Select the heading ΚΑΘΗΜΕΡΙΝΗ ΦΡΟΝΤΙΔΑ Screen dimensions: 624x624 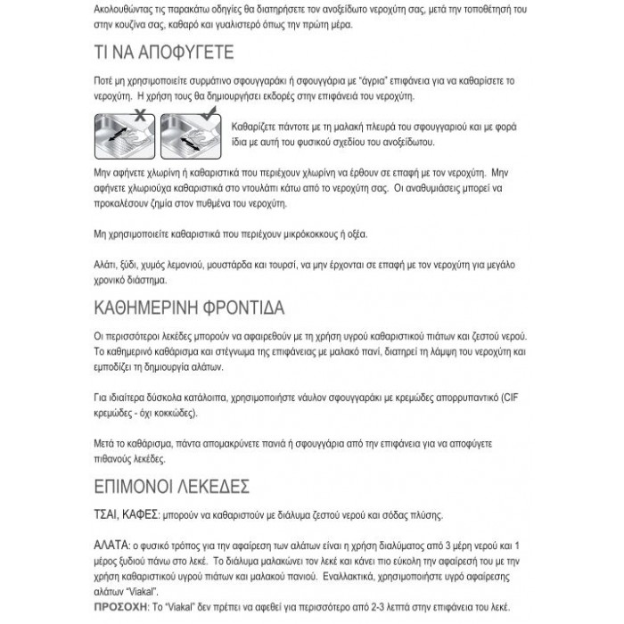[x=188, y=309]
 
